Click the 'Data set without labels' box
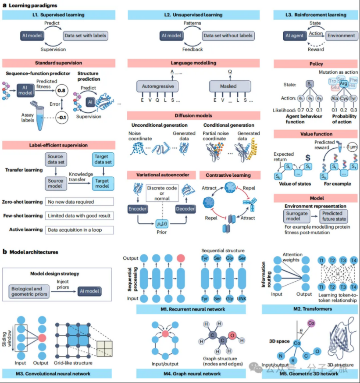click(x=228, y=35)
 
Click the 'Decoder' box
click(x=185, y=209)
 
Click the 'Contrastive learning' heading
click(x=228, y=175)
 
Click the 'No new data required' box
click(x=79, y=202)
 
